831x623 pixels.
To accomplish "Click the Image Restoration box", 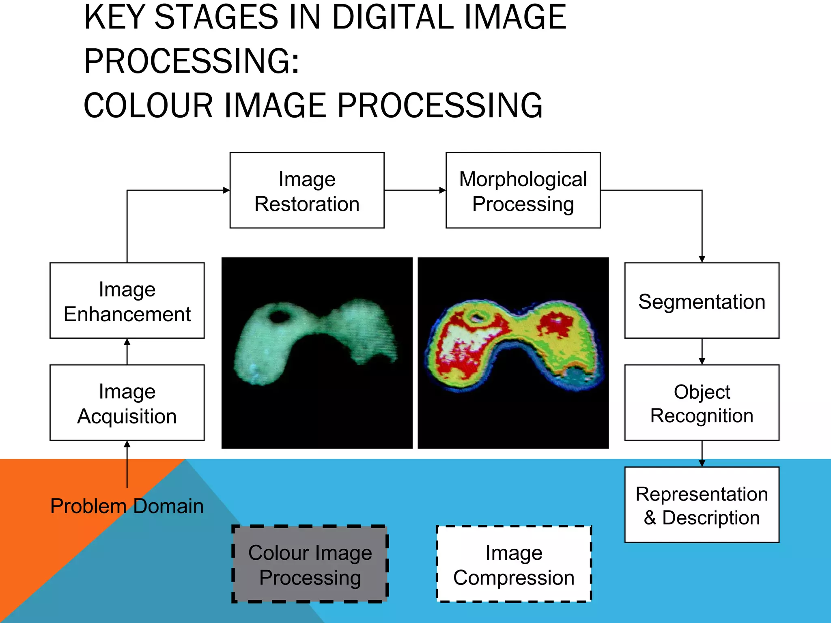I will point(307,190).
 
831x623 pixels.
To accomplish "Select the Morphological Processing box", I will point(523,190).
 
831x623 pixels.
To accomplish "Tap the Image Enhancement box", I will point(127,301).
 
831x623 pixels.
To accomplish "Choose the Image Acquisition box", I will point(127,402).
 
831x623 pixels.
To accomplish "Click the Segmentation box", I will point(702,301).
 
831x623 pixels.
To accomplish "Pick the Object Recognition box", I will point(702,402).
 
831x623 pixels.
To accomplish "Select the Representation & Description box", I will point(702,505).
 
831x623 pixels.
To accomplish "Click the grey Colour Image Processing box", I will point(310,564).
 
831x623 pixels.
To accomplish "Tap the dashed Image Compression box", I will point(514,564).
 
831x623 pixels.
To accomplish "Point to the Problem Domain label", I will point(127,506).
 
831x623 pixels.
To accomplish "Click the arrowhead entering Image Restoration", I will point(226,190).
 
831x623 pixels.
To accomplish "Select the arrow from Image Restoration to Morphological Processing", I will point(415,190).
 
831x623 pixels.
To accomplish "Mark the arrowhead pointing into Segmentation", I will point(702,259).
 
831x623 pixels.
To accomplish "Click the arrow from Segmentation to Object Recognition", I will point(702,352).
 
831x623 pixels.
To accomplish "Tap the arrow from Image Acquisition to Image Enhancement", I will point(127,352).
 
